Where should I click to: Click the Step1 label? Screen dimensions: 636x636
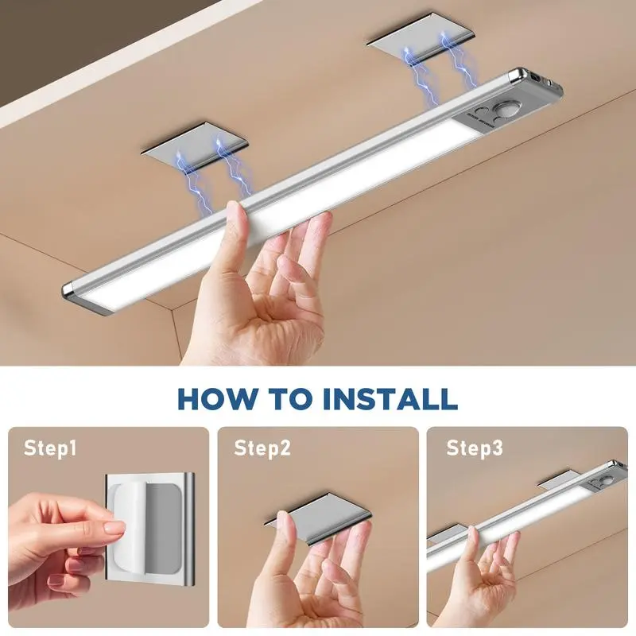click(50, 448)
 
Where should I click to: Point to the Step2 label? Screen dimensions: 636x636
click(262, 448)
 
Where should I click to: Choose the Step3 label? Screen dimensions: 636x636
click(474, 448)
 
